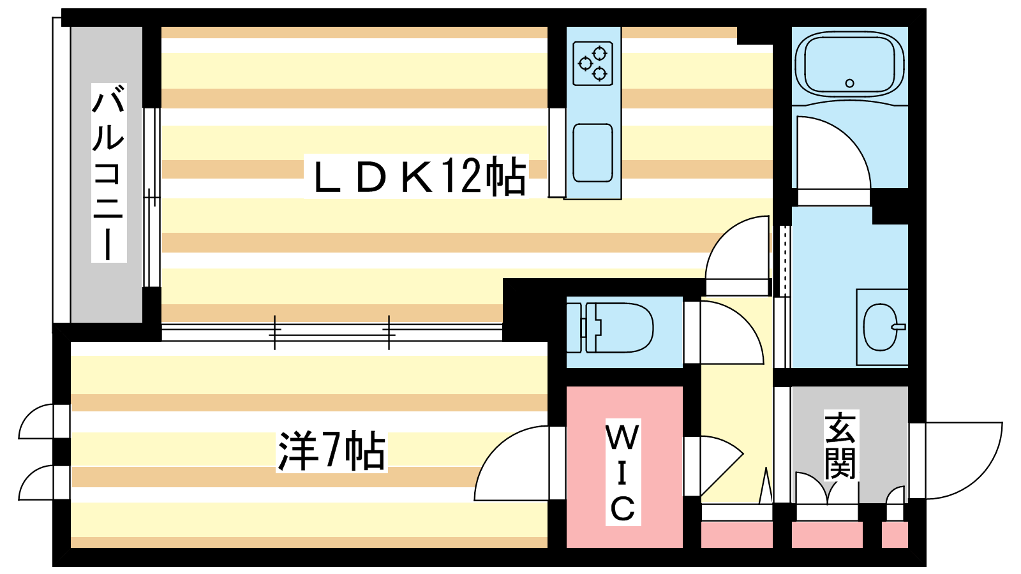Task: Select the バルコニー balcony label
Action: [109, 173]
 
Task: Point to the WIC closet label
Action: [623, 472]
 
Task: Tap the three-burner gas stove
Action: [593, 63]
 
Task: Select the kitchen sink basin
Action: [593, 152]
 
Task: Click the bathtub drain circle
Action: [849, 84]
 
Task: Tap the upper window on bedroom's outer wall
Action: [43, 422]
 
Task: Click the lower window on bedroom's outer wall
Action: [43, 483]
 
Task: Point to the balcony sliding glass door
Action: [152, 197]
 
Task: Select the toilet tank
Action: [574, 328]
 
